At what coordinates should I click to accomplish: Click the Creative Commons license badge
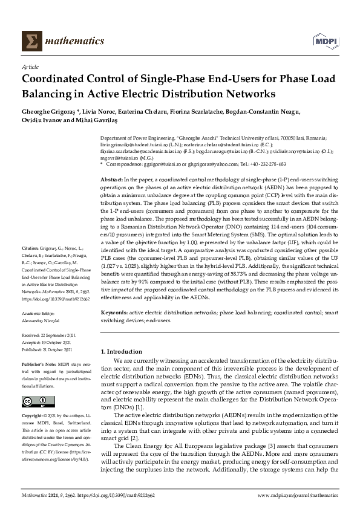coord(31,403)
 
